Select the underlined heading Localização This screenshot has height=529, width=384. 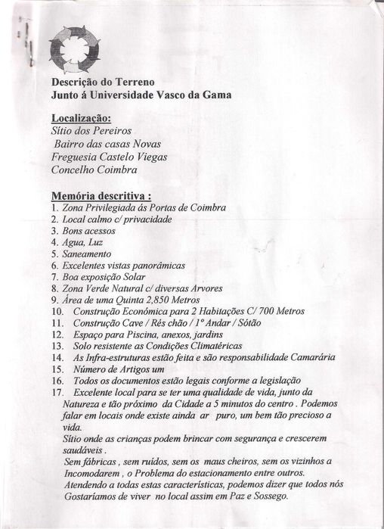click(80, 118)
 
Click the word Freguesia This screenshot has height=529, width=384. click(77, 157)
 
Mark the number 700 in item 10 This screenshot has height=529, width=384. click(268, 311)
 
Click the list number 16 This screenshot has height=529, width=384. click(57, 380)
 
